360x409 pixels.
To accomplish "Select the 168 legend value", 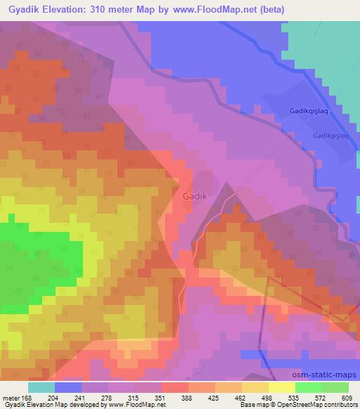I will pos(28,397).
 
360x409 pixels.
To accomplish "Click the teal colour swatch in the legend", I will pos(41,387).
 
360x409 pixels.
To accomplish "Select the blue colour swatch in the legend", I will pos(68,387).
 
